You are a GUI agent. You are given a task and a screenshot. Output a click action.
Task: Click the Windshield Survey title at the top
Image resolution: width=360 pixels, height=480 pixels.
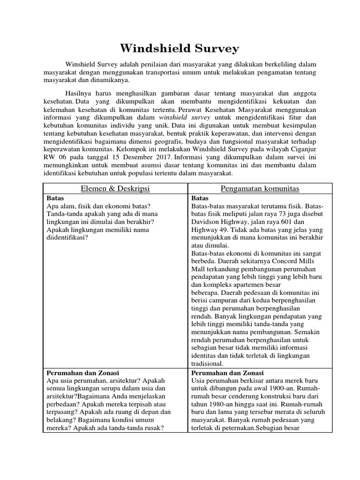coord(180,48)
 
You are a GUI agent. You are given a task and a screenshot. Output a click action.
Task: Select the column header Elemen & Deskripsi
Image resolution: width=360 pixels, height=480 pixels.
coord(115,188)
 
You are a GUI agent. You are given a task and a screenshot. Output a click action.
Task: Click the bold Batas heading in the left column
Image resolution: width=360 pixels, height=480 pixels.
coord(56,198)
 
